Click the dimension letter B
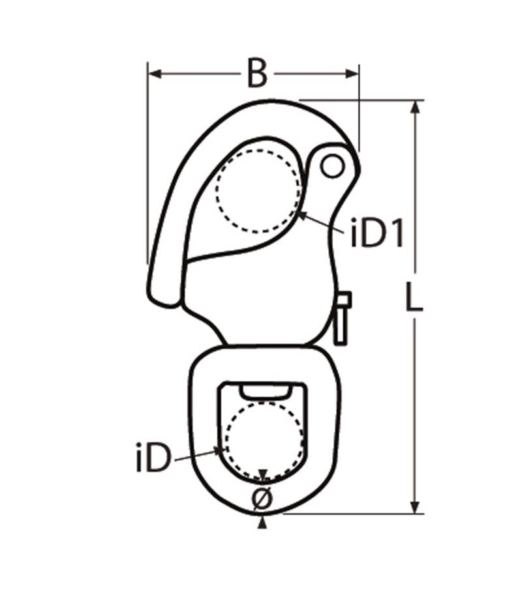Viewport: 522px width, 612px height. (x=257, y=74)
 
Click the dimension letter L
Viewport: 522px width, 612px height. (x=412, y=299)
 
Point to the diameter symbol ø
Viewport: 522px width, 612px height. (x=262, y=499)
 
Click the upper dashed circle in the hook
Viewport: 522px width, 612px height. (x=260, y=190)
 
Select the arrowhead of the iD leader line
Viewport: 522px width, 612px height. (x=221, y=449)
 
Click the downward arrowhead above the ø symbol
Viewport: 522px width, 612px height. (x=262, y=475)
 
